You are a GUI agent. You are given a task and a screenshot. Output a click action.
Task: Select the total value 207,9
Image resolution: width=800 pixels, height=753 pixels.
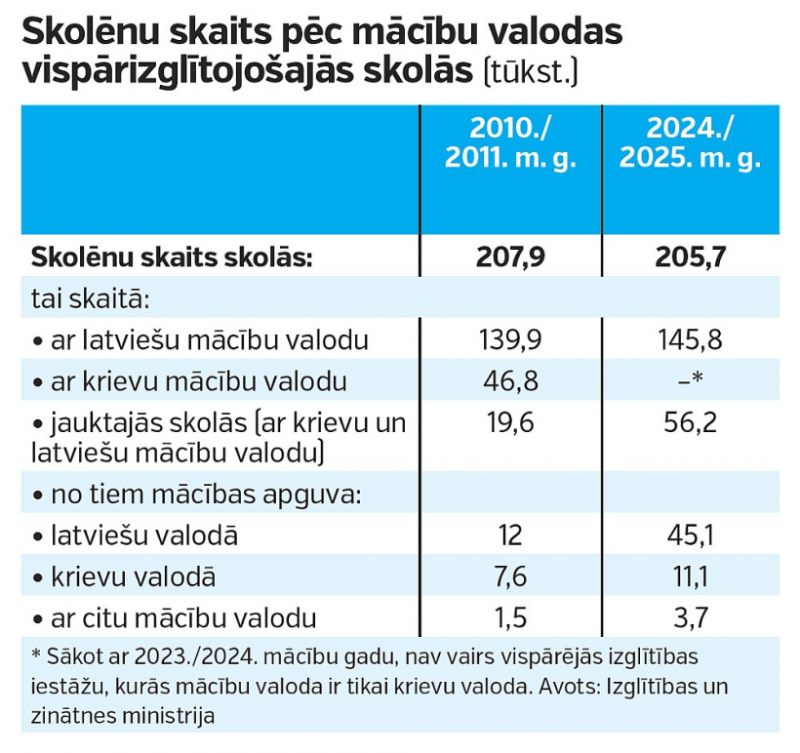click(x=509, y=258)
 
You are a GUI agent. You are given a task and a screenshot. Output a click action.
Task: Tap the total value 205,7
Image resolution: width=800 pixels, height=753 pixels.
click(x=690, y=258)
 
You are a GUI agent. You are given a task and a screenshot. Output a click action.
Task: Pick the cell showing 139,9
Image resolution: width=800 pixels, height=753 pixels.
click(x=509, y=340)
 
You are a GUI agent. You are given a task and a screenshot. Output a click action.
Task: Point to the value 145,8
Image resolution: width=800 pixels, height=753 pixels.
click(x=690, y=340)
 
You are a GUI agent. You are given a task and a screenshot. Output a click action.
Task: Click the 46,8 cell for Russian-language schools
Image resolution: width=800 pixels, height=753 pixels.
click(x=509, y=380)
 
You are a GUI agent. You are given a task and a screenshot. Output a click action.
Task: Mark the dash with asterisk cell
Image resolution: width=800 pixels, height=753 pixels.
click(x=690, y=380)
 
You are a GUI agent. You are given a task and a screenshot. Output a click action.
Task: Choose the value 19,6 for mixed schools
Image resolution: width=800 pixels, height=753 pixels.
click(x=509, y=421)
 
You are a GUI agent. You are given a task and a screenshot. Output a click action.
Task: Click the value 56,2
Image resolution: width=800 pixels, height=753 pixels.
click(x=690, y=421)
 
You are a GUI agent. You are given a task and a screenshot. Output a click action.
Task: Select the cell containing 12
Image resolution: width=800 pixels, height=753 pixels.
click(x=509, y=535)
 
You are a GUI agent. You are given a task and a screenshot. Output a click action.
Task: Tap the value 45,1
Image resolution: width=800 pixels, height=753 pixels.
click(x=690, y=535)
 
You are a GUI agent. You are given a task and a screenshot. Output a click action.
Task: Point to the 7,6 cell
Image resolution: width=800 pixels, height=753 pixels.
click(x=509, y=575)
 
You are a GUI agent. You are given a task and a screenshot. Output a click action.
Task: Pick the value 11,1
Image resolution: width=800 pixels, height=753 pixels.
click(x=690, y=575)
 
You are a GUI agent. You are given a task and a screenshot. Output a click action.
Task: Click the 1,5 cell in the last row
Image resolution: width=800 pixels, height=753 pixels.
click(x=509, y=616)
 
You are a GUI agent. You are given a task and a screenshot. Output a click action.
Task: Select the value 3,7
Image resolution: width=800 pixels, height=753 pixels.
click(x=690, y=616)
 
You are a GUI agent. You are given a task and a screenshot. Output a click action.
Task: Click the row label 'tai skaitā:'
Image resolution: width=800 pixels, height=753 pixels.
click(x=90, y=298)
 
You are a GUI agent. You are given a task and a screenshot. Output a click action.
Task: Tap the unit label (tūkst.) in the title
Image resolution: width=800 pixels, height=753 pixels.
click(x=531, y=73)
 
